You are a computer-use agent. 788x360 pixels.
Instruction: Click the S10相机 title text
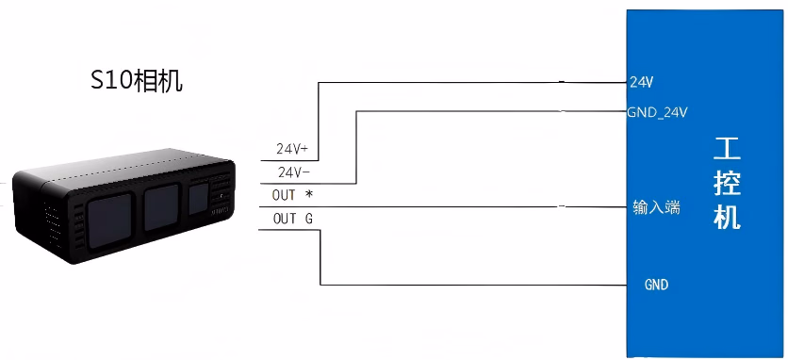click(136, 81)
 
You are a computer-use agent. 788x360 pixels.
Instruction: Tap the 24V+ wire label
click(292, 149)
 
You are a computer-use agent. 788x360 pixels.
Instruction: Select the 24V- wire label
click(294, 172)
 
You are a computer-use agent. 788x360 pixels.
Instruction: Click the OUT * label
click(292, 195)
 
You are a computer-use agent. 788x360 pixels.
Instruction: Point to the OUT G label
click(292, 219)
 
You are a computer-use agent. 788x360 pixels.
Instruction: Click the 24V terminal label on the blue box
click(641, 82)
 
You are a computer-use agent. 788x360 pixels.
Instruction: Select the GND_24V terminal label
click(657, 112)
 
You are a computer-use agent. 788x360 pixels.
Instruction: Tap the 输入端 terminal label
click(656, 206)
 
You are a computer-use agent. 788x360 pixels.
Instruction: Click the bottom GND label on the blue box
click(656, 285)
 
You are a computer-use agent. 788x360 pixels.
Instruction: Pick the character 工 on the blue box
click(727, 149)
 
